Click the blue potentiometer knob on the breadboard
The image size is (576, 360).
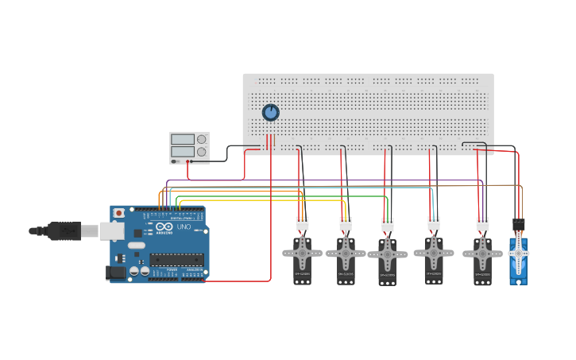point(271,113)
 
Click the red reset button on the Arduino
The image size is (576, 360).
point(119,213)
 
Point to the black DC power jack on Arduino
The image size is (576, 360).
point(116,272)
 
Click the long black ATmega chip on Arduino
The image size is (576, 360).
point(176,259)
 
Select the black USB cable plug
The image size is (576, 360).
point(64,230)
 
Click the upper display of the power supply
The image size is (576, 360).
point(182,139)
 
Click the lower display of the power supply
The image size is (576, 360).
point(182,151)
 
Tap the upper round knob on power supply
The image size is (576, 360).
point(202,139)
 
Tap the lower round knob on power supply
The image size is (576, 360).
point(202,152)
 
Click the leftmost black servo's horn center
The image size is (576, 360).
point(303,254)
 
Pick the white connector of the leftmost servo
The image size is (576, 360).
point(303,224)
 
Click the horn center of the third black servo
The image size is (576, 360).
point(388,257)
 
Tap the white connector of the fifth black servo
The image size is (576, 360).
point(483,224)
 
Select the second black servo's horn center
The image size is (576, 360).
point(346,254)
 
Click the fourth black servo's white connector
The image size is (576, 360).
point(434,223)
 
